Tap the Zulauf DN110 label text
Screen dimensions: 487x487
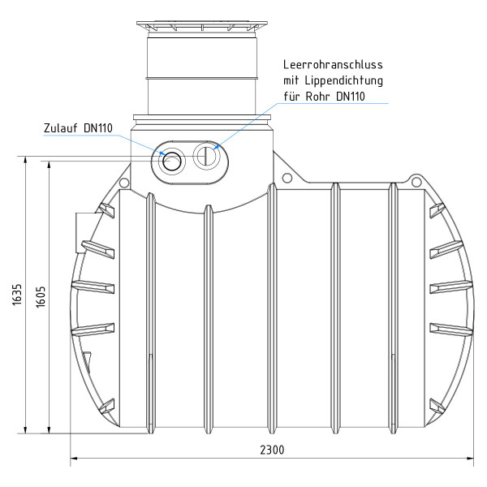[x=77, y=128]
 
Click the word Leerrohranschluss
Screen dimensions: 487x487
[x=332, y=64]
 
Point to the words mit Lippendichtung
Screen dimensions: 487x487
[x=332, y=80]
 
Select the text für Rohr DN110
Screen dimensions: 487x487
[x=325, y=97]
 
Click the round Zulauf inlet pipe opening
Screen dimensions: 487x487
[x=172, y=161]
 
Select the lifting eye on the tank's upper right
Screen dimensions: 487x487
[x=416, y=179]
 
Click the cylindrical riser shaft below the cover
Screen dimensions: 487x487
[x=202, y=73]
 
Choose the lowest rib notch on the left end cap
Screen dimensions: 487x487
[x=106, y=404]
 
